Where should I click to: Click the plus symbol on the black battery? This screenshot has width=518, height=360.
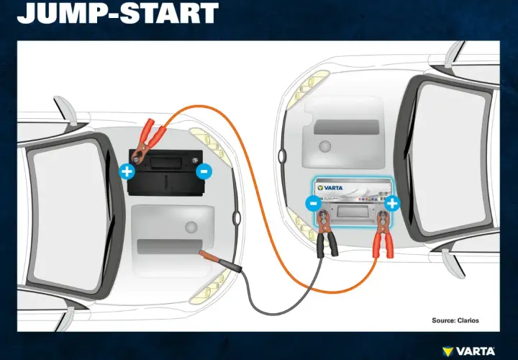point(127,171)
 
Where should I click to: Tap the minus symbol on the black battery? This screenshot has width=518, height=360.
point(204,171)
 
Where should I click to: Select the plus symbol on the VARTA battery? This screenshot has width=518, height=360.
point(392,203)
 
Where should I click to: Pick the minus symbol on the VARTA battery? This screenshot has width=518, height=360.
point(313,203)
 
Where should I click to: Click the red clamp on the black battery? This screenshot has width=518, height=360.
point(147,140)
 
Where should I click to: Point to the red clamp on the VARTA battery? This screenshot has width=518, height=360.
point(383,235)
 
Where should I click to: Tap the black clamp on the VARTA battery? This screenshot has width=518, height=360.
point(326,234)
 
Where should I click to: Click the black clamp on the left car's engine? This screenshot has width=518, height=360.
point(220,261)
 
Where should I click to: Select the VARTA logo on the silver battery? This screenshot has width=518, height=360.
point(330,188)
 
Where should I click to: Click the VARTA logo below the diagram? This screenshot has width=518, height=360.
point(468,351)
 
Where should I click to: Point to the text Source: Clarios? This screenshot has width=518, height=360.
point(455,320)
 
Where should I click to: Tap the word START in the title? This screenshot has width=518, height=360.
point(169,12)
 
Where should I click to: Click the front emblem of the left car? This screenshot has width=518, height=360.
point(237,218)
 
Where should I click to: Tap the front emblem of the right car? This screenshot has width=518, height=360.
point(282,156)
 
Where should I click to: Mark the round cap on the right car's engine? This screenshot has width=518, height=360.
point(324,146)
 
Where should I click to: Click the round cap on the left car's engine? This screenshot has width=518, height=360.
point(191,227)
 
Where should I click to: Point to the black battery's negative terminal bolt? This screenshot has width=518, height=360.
point(195,161)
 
